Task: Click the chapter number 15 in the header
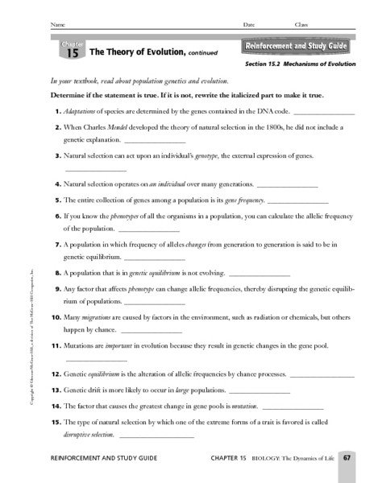click(73, 54)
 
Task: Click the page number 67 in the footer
click(345, 459)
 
